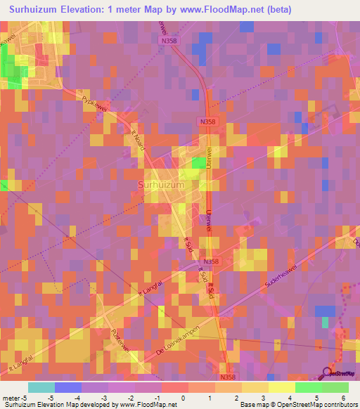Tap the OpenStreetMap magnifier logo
(328, 372)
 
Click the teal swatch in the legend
(41, 387)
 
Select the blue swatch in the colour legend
(68, 387)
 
